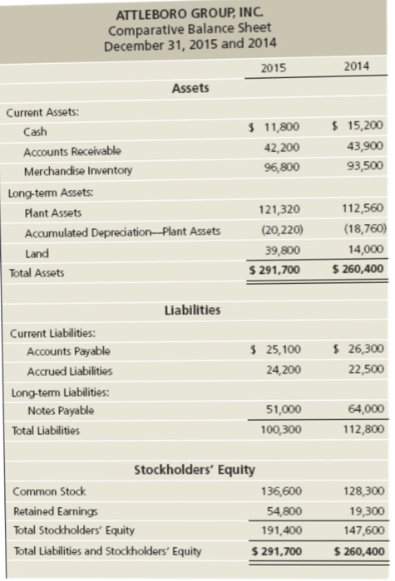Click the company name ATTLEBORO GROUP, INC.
190,14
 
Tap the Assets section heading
190,88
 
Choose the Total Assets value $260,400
358,269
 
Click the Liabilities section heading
194,310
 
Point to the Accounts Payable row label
68,351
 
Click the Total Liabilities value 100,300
280,429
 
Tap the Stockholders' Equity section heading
195,471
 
